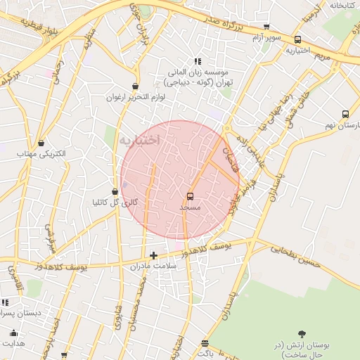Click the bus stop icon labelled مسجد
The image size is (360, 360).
(190, 196)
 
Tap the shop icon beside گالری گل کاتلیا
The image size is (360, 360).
(115, 191)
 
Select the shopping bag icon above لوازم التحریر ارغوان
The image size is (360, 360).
(135, 86)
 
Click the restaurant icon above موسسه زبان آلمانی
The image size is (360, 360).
(198, 61)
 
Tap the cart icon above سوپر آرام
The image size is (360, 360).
(266, 27)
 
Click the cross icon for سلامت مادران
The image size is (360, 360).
(153, 255)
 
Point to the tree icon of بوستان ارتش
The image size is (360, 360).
(302, 334)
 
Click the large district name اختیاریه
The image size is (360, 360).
(139, 141)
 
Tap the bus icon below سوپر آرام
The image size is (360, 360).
(298, 40)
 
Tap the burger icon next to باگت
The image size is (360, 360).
(205, 344)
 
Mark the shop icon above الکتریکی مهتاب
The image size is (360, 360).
(41, 143)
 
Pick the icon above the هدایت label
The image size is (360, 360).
(13, 333)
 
